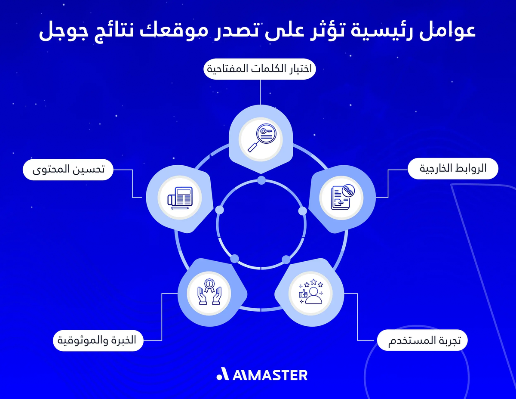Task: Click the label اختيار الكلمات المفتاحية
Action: coord(259,69)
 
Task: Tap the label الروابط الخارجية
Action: coord(453,169)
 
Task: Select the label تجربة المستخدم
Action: coord(422,341)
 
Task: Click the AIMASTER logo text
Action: coord(270,374)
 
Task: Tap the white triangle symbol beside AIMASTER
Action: coord(223,374)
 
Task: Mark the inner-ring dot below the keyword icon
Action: coord(261,180)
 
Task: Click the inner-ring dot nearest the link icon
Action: coord(302,211)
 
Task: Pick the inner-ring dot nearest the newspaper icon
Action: coord(220,210)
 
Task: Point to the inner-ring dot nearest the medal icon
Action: coord(235,258)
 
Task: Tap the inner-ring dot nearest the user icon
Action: coord(286,259)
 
